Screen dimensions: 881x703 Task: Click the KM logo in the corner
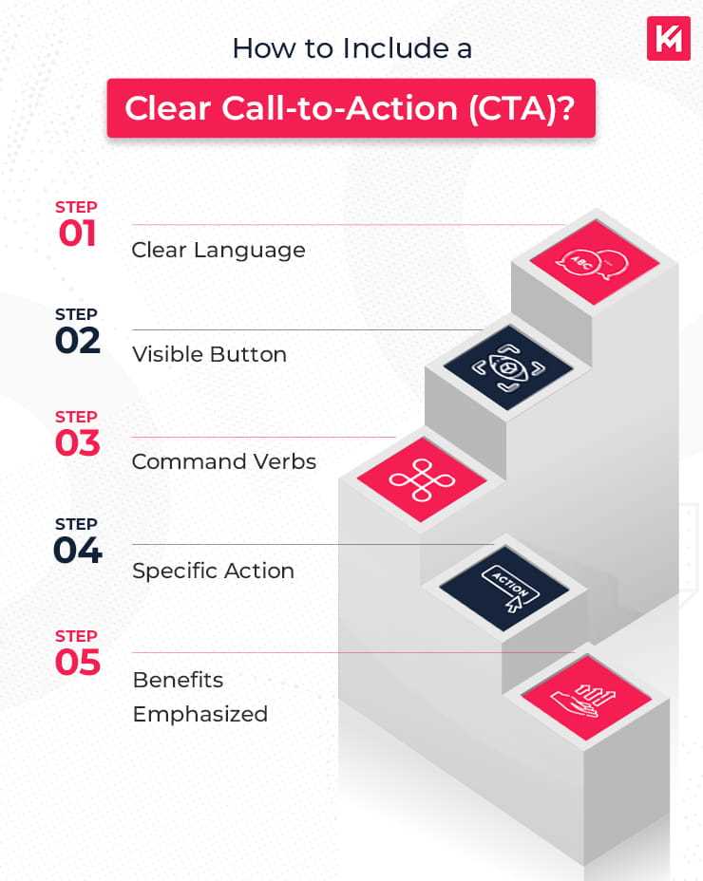pos(668,38)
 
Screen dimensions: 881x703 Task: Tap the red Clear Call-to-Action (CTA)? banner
pos(351,108)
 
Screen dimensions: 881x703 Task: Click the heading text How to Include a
pos(351,48)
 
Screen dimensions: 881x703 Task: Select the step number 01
pos(77,234)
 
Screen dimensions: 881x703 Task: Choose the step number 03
pos(77,443)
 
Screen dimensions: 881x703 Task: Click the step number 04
pos(77,551)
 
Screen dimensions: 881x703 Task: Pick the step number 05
pos(77,663)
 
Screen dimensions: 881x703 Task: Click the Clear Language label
pos(218,250)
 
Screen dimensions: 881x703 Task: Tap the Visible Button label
pos(209,355)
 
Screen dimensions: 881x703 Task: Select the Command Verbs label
pos(223,461)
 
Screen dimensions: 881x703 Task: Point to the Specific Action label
pos(213,571)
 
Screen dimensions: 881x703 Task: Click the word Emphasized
pos(199,714)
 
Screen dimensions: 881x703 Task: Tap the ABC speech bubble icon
pos(580,263)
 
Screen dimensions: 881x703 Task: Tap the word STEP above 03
pos(76,417)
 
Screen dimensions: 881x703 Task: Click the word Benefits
pos(178,680)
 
